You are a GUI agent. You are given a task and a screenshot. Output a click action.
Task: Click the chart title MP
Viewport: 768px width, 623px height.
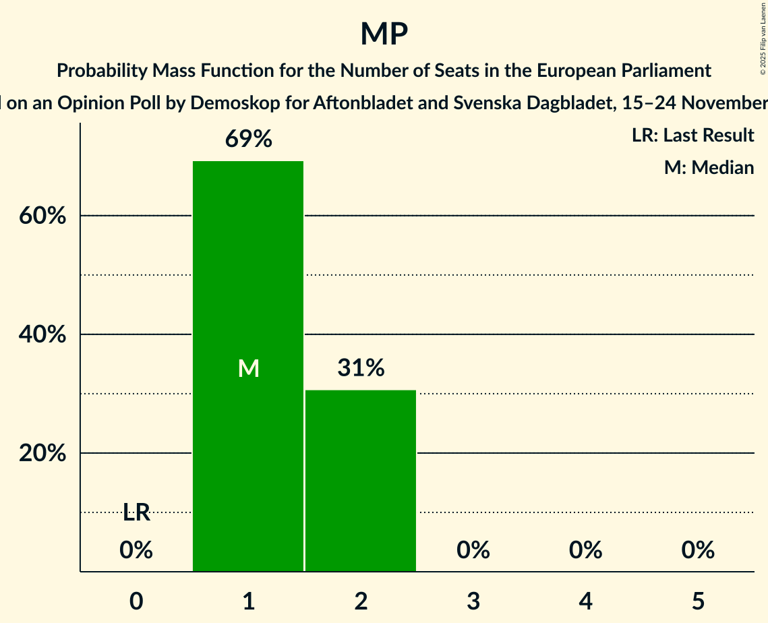[x=384, y=34]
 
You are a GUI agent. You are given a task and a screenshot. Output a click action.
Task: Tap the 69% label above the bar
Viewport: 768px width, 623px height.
[x=248, y=140]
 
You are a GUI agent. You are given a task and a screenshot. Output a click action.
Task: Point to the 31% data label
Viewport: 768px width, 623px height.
[x=361, y=368]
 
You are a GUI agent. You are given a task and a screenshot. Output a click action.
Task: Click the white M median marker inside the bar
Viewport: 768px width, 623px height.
[x=248, y=368]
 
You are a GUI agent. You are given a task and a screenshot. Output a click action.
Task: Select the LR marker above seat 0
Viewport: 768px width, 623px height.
[x=136, y=513]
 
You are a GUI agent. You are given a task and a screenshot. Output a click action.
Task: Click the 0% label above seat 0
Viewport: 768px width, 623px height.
[x=136, y=550]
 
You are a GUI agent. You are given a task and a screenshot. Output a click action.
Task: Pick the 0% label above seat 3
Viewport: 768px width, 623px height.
[x=473, y=550]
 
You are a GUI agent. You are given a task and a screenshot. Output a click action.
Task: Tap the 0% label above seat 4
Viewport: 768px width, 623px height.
[x=585, y=550]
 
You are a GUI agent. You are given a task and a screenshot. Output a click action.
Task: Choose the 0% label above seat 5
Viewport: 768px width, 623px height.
[x=698, y=550]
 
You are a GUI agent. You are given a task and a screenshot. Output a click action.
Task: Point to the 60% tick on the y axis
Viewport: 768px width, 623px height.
[x=42, y=216]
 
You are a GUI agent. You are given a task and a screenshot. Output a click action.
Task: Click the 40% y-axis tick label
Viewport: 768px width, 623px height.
[x=42, y=335]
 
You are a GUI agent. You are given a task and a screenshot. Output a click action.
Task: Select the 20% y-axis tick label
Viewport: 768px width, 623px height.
[x=42, y=454]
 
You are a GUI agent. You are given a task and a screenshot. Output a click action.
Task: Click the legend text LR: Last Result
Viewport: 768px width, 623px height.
[x=692, y=136]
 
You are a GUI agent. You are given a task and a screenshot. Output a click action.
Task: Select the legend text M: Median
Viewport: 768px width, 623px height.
[x=709, y=167]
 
